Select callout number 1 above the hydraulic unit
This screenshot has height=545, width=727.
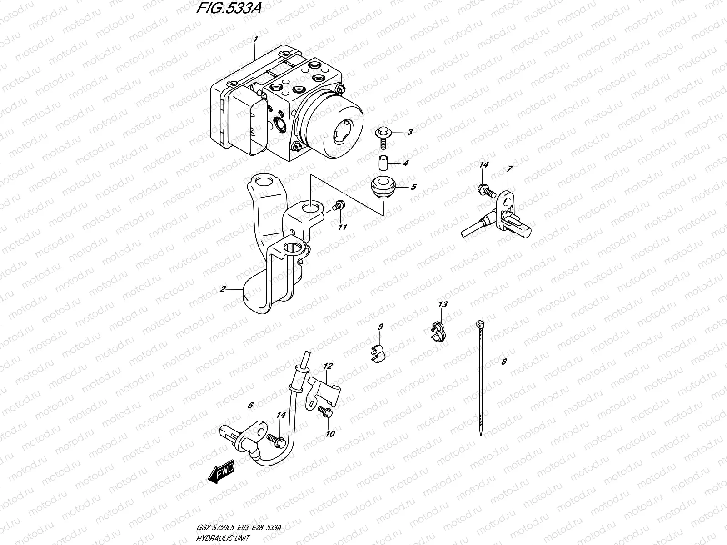click(255, 40)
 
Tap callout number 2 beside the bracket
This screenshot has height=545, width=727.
click(222, 289)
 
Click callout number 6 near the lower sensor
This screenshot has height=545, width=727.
click(249, 405)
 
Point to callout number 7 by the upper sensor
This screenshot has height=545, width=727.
click(510, 169)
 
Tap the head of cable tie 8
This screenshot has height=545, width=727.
click(480, 323)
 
